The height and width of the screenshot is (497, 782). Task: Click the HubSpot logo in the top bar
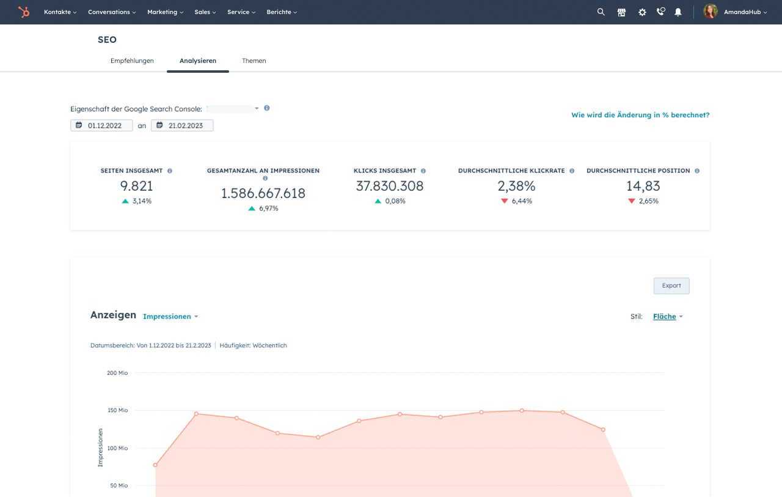(24, 12)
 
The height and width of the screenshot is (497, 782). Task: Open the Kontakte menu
(60, 12)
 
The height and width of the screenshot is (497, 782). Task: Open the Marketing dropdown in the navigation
(164, 12)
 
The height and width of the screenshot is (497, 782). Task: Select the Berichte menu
(282, 12)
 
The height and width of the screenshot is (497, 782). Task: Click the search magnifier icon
(601, 12)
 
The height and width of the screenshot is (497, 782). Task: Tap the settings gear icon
(642, 12)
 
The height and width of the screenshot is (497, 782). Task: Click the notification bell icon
(678, 12)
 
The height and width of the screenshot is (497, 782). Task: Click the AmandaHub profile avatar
(711, 12)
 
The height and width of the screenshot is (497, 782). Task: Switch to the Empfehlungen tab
(132, 61)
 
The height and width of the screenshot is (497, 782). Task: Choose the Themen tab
(254, 61)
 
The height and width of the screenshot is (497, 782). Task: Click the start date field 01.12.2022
(101, 125)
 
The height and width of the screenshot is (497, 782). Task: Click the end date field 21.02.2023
(182, 125)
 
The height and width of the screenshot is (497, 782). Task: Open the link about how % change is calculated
(640, 115)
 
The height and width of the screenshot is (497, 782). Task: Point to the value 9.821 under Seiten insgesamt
(136, 186)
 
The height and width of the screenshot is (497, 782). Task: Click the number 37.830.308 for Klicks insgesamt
(390, 186)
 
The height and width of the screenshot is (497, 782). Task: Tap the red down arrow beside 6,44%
(505, 201)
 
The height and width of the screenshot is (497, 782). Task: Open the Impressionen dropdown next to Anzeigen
(170, 317)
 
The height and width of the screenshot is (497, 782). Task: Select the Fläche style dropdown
(668, 317)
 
